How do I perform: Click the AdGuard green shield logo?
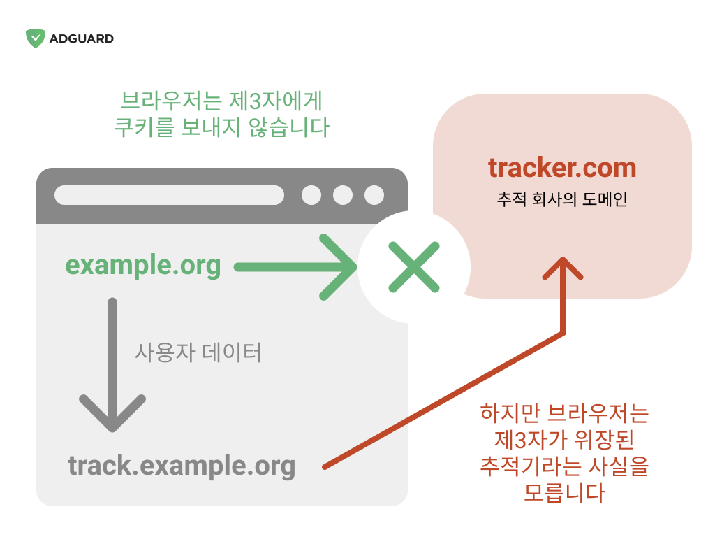pos(35,38)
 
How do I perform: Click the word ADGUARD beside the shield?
pos(82,39)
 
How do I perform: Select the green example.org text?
pos(143,266)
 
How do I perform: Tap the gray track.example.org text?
pos(182,466)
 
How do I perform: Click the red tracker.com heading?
pos(562,168)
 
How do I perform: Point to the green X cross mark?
pos(414,267)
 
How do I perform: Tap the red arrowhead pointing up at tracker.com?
pos(563,268)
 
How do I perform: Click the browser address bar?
pos(169,195)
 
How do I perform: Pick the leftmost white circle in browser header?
pos(311,195)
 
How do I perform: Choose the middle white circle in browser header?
pos(343,195)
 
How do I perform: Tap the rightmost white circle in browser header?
pos(374,195)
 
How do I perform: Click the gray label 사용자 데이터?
pos(198,352)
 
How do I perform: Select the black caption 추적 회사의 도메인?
pos(562,199)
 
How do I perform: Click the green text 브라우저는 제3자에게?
pos(221,101)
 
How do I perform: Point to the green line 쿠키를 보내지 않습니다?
pos(221,127)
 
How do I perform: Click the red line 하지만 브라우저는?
pos(564,413)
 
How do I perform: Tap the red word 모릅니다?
pos(564,493)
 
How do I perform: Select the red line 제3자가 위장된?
pos(564,439)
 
